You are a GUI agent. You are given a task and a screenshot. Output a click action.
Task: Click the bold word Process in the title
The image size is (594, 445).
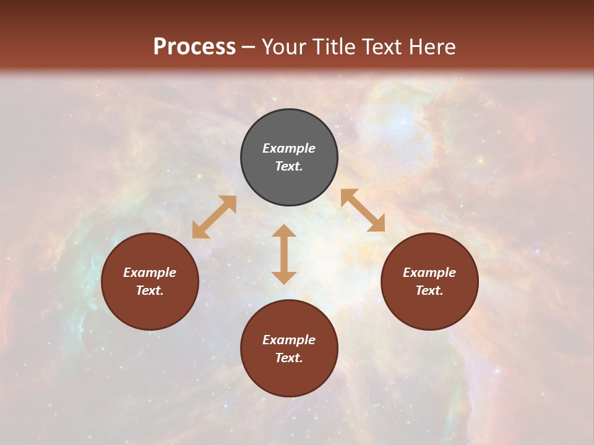coord(194,47)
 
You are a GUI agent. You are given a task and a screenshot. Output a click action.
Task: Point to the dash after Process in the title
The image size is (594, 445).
coord(248,48)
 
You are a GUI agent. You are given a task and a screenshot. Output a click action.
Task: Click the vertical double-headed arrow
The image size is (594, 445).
coord(284,254)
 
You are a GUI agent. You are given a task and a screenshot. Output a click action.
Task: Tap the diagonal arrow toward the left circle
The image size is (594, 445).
coord(214,217)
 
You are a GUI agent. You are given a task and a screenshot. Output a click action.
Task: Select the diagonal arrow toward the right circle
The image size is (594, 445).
coord(363,210)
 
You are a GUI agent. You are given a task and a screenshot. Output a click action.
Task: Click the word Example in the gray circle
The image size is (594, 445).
coord(289,148)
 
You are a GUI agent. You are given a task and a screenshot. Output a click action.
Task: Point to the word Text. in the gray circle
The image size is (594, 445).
coord(289,166)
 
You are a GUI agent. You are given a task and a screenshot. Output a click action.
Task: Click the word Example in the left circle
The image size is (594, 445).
coord(150,273)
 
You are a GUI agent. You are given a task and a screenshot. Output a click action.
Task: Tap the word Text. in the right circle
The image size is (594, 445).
coord(429,290)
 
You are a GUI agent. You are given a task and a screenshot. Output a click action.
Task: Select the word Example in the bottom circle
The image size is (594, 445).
coord(289,340)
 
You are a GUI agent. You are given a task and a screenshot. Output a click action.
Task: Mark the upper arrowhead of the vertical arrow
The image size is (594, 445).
coord(284,231)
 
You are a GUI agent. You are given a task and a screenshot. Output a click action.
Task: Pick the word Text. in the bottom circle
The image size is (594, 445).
coord(289,358)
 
